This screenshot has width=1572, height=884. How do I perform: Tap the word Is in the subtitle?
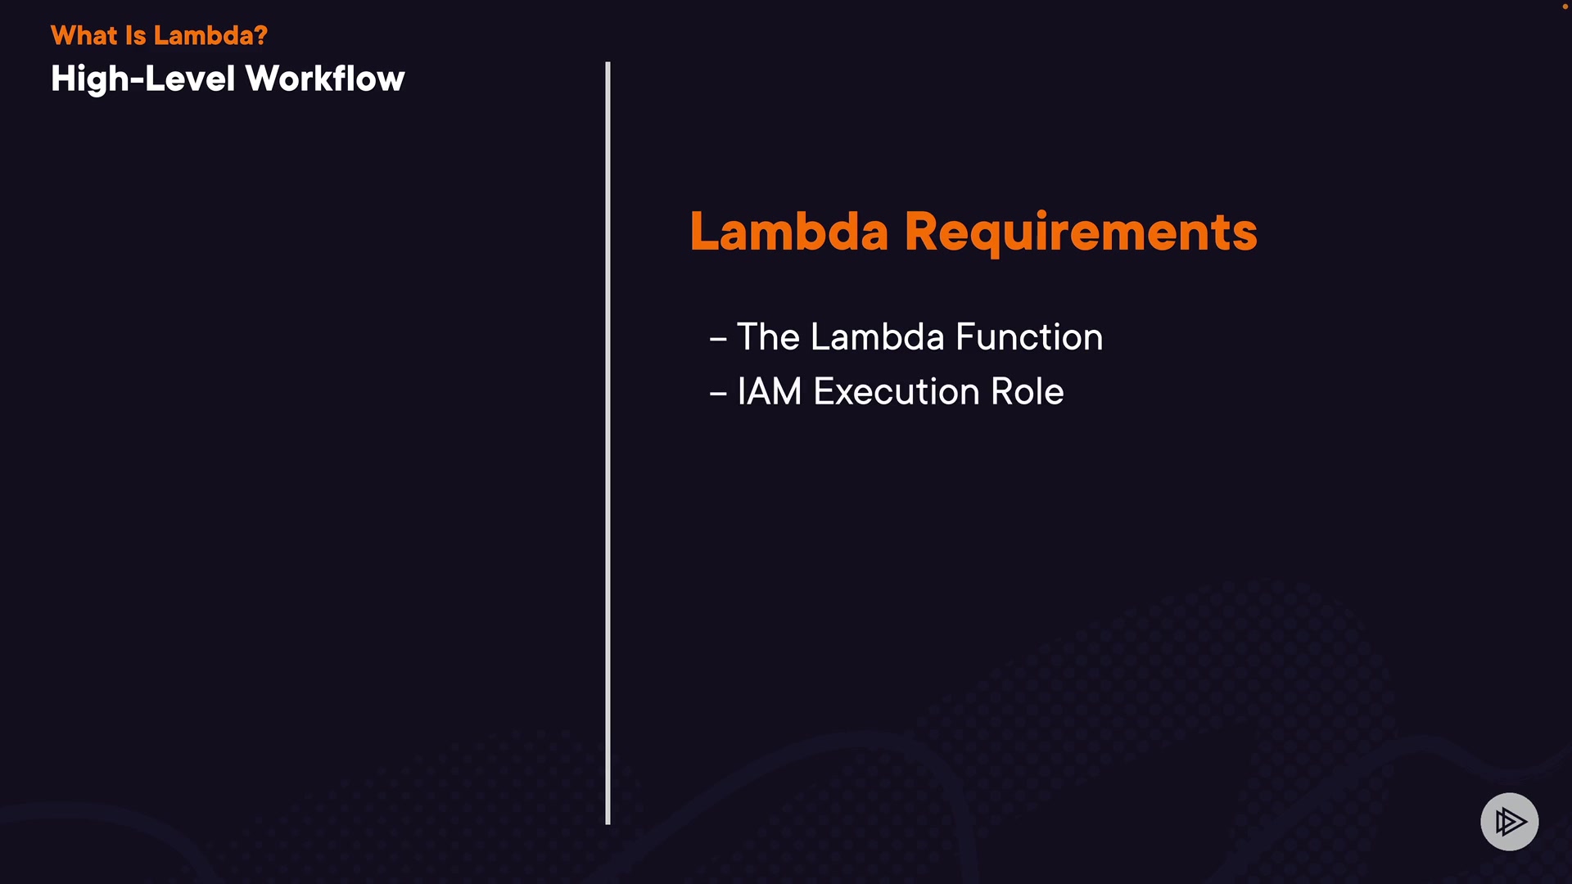click(136, 35)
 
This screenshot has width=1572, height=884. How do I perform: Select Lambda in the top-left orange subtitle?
click(204, 35)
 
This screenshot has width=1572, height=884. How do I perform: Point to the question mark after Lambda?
click(261, 35)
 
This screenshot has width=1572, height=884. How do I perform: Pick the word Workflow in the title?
click(325, 79)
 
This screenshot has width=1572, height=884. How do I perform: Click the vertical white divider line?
click(608, 443)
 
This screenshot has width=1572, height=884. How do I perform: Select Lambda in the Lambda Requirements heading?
click(789, 231)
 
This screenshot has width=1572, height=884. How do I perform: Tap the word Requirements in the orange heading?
click(1081, 233)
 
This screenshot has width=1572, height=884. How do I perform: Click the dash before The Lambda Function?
click(718, 339)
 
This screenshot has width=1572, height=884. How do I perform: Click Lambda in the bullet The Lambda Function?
click(878, 336)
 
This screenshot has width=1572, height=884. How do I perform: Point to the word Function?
click(1029, 336)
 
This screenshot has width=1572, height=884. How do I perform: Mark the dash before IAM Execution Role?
click(718, 394)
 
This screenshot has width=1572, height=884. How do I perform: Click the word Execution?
click(897, 391)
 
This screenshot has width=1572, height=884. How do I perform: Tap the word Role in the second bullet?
click(1028, 391)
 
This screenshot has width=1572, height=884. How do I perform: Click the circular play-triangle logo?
click(1509, 821)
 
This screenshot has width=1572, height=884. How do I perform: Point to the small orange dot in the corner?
click(1565, 7)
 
